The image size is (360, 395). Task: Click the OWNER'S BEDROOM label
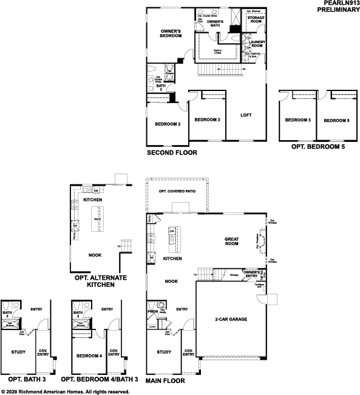(171, 33)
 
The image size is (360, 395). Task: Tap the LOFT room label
(246, 115)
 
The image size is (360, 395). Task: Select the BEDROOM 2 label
(168, 124)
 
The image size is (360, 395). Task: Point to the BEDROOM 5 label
(336, 120)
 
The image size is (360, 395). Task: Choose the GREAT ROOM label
(235, 241)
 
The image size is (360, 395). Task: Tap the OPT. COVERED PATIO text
(177, 192)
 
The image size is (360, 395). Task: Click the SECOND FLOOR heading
(172, 154)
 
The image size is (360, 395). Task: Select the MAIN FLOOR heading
(166, 382)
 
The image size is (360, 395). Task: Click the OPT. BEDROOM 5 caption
(316, 147)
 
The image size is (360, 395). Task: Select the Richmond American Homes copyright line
(65, 391)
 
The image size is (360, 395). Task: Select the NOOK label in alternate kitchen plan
(95, 255)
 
